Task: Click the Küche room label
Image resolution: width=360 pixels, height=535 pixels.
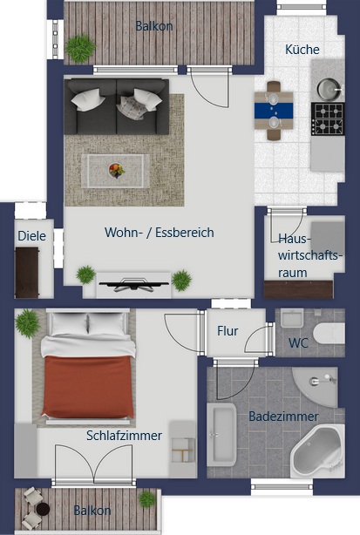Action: [302, 50]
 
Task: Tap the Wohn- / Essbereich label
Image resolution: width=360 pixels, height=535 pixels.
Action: [160, 233]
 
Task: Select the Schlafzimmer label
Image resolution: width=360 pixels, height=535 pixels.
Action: [124, 436]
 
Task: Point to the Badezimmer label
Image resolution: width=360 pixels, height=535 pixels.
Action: [283, 416]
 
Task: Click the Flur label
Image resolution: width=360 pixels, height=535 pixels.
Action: [228, 330]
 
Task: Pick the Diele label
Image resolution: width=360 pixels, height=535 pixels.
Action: [31, 236]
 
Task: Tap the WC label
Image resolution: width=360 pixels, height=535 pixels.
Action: [298, 343]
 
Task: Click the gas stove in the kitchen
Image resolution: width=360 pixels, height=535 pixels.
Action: [328, 119]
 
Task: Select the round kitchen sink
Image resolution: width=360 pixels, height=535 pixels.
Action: [329, 89]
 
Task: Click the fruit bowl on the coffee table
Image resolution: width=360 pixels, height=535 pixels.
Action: [117, 170]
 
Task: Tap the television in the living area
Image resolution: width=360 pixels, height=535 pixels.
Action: [133, 285]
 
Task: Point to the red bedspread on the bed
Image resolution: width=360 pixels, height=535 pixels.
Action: [88, 386]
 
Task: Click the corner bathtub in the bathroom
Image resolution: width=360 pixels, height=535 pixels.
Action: [317, 450]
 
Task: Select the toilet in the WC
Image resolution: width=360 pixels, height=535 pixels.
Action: [329, 334]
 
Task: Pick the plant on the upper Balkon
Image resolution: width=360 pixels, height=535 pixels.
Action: [80, 49]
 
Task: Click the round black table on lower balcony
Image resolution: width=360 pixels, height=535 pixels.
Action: [43, 510]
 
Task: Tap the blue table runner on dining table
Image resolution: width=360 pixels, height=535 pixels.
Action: [274, 110]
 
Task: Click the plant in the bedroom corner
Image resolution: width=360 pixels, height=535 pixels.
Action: [27, 323]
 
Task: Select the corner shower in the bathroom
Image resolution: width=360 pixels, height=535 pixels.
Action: [315, 387]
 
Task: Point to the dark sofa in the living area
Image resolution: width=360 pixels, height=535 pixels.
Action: [116, 106]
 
